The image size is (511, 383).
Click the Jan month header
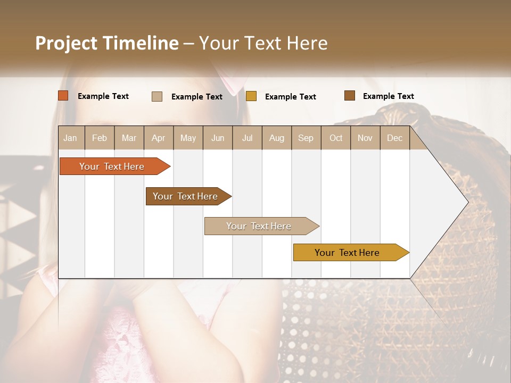[71, 138]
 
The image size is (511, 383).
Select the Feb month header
[100, 138]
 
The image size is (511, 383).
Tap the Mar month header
[129, 138]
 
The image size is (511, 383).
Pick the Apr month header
[159, 138]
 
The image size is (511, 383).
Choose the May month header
[188, 138]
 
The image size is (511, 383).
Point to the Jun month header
[218, 138]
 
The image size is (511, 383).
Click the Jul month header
[247, 138]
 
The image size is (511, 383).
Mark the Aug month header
[277, 138]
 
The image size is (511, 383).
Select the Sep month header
[306, 138]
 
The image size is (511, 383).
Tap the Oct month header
[336, 138]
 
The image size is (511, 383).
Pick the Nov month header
[365, 138]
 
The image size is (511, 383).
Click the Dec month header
[395, 138]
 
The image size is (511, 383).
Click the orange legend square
[63, 96]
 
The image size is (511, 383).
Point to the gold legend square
[251, 96]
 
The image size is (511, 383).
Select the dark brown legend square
[349, 96]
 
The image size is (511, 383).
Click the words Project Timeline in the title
[107, 43]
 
